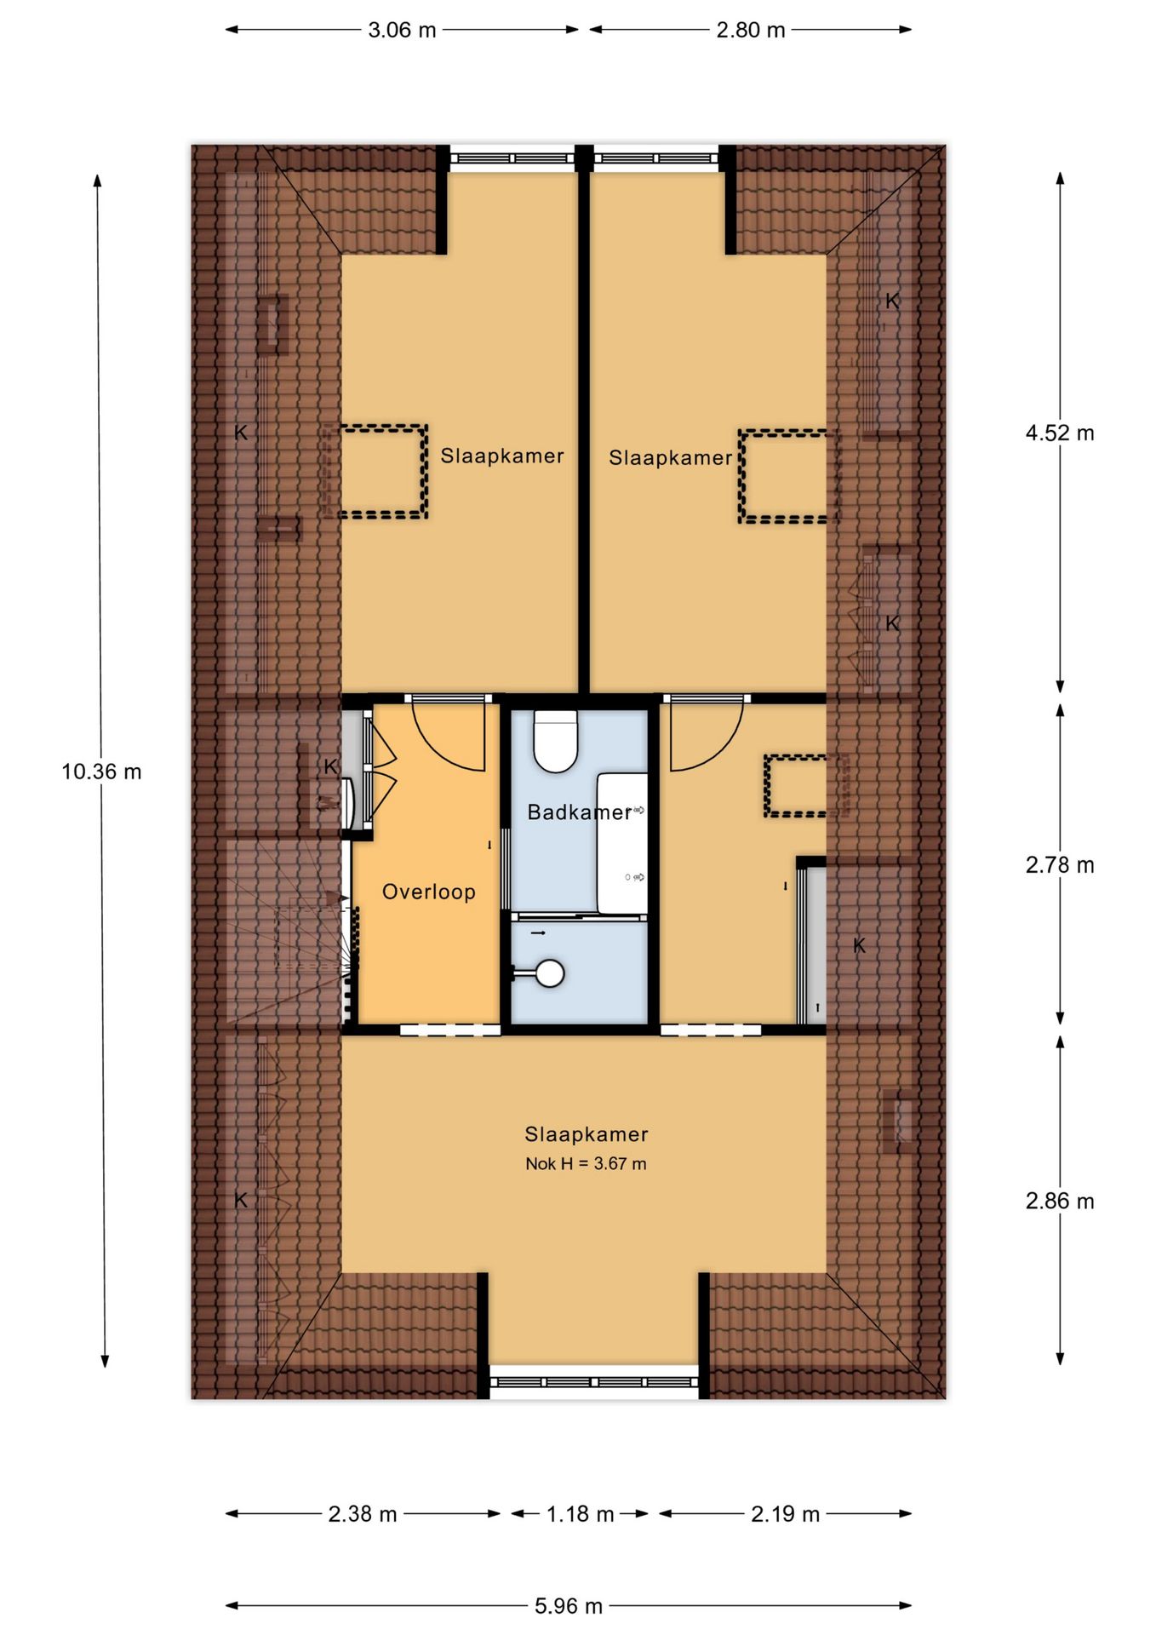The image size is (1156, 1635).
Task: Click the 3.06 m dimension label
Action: [x=402, y=31]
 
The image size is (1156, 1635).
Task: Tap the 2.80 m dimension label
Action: [x=750, y=31]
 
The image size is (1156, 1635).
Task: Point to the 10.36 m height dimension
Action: [x=101, y=772]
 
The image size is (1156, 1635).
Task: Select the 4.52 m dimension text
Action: [x=1060, y=433]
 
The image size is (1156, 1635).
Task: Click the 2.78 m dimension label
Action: [x=1060, y=865]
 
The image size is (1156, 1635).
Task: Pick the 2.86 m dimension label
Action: [x=1060, y=1201]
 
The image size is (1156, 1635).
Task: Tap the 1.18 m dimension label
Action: [x=580, y=1514]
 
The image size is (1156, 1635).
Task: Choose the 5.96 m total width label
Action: [x=569, y=1606]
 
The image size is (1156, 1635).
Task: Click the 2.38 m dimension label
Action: [x=363, y=1514]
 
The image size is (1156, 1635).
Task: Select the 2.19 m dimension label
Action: [x=785, y=1514]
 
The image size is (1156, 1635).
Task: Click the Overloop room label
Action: [x=429, y=892]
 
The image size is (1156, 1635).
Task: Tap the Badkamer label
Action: [x=580, y=812]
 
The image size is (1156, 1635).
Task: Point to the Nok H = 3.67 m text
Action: [x=586, y=1163]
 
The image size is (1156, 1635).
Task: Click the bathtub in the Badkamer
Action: [x=621, y=843]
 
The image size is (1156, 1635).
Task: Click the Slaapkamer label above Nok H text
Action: [x=587, y=1134]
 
